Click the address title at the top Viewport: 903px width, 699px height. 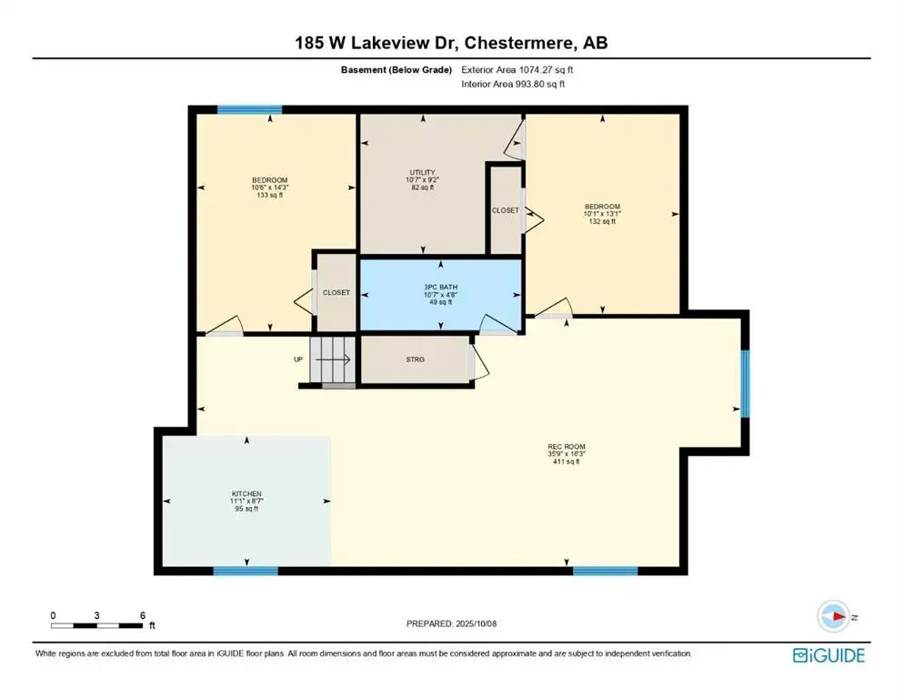pyautogui.click(x=451, y=43)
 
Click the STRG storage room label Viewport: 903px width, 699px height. pyautogui.click(x=415, y=359)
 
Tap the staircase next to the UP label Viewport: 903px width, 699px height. pyautogui.click(x=332, y=360)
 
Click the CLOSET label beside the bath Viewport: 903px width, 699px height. pyautogui.click(x=336, y=293)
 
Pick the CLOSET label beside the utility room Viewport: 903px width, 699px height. pyautogui.click(x=506, y=210)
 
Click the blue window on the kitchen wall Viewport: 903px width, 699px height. pyautogui.click(x=246, y=571)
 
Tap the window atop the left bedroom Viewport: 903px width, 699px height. pyautogui.click(x=249, y=109)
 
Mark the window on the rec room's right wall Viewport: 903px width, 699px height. pyautogui.click(x=744, y=383)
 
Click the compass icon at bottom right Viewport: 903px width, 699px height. pyautogui.click(x=833, y=617)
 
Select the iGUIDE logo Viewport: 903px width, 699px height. pyautogui.click(x=828, y=655)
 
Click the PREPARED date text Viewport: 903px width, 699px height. pyautogui.click(x=452, y=623)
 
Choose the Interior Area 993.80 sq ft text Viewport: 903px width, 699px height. pyautogui.click(x=513, y=84)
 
